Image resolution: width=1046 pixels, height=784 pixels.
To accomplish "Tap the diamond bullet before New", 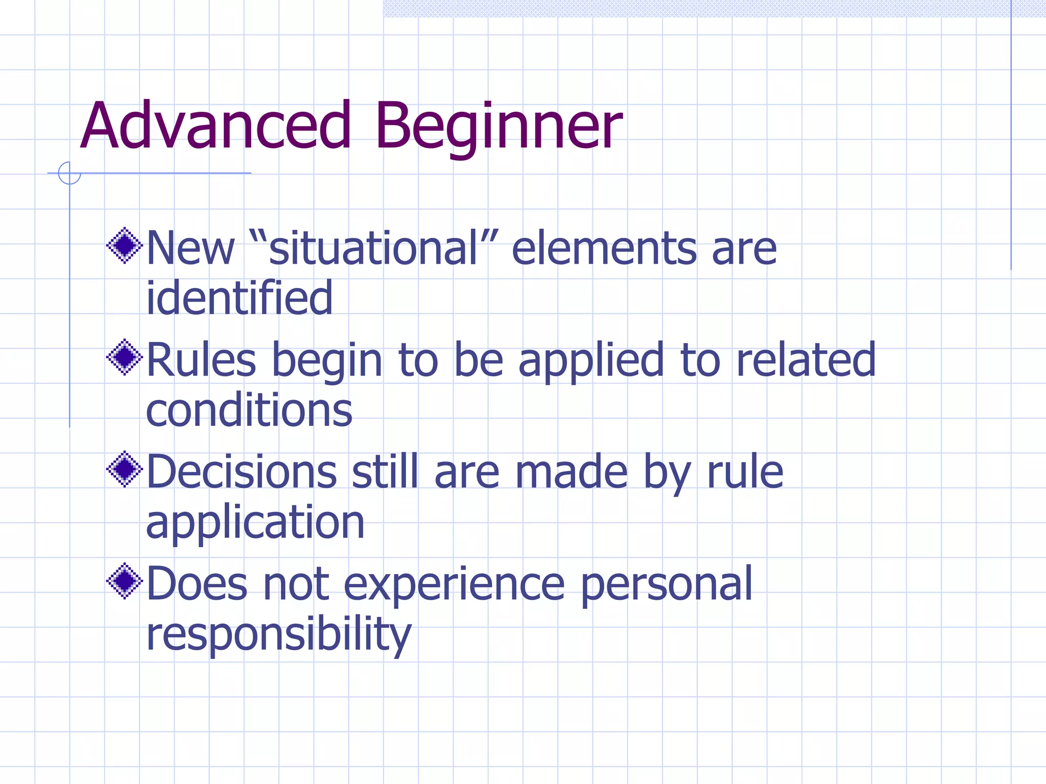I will pos(124,246).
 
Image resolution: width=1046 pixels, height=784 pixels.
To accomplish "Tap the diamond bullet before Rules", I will pos(124,357).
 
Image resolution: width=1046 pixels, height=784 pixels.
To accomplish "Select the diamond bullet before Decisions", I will pos(124,469).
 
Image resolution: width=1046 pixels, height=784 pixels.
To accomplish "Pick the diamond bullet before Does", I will pos(124,581).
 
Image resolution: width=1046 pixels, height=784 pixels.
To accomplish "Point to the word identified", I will pos(239,298).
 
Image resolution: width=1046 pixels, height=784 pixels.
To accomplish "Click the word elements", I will pos(604,248).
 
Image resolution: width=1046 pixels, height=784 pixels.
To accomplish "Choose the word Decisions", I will pos(241,472).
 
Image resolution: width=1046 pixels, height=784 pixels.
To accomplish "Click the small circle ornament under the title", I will pos(69,173).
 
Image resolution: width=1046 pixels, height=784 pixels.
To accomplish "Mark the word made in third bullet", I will pos(570,472).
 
